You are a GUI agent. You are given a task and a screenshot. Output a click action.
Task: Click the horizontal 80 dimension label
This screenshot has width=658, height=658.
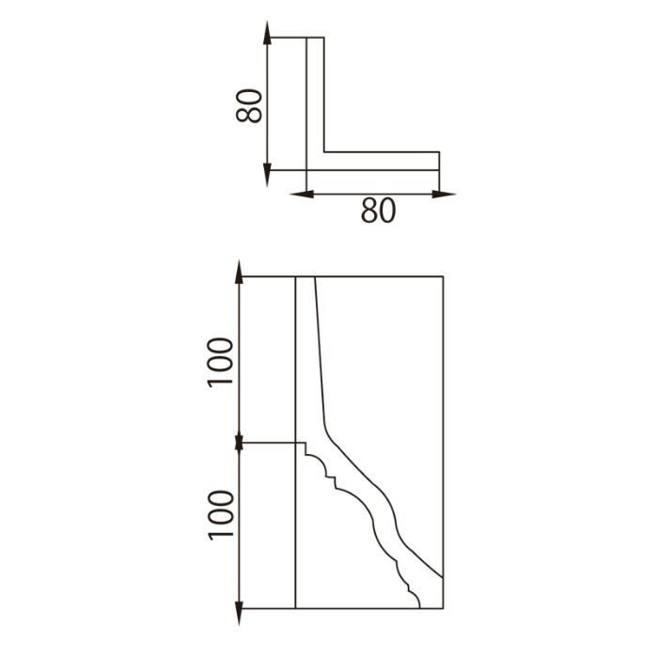[378, 211]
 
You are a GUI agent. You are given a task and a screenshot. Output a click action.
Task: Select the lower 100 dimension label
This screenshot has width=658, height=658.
[219, 513]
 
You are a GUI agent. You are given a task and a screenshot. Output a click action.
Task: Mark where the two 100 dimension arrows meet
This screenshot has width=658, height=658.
[240, 441]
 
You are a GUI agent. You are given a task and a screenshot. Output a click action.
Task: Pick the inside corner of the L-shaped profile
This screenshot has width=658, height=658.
[325, 151]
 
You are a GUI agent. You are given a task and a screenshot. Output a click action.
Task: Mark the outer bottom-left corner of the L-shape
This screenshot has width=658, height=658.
[307, 171]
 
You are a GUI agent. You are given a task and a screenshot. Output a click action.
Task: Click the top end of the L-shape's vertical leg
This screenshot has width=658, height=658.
[316, 38]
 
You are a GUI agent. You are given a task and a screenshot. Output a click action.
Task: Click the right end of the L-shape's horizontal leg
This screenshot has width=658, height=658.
[440, 161]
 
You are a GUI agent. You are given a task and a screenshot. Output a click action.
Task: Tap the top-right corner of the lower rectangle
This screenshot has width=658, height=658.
[443, 276]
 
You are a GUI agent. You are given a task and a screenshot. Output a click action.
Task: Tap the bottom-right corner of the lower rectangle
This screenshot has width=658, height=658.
[443, 609]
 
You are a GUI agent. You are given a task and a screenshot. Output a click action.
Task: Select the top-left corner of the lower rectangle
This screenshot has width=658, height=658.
[296, 276]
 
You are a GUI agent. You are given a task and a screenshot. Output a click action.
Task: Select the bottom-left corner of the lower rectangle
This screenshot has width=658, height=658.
[296, 609]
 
